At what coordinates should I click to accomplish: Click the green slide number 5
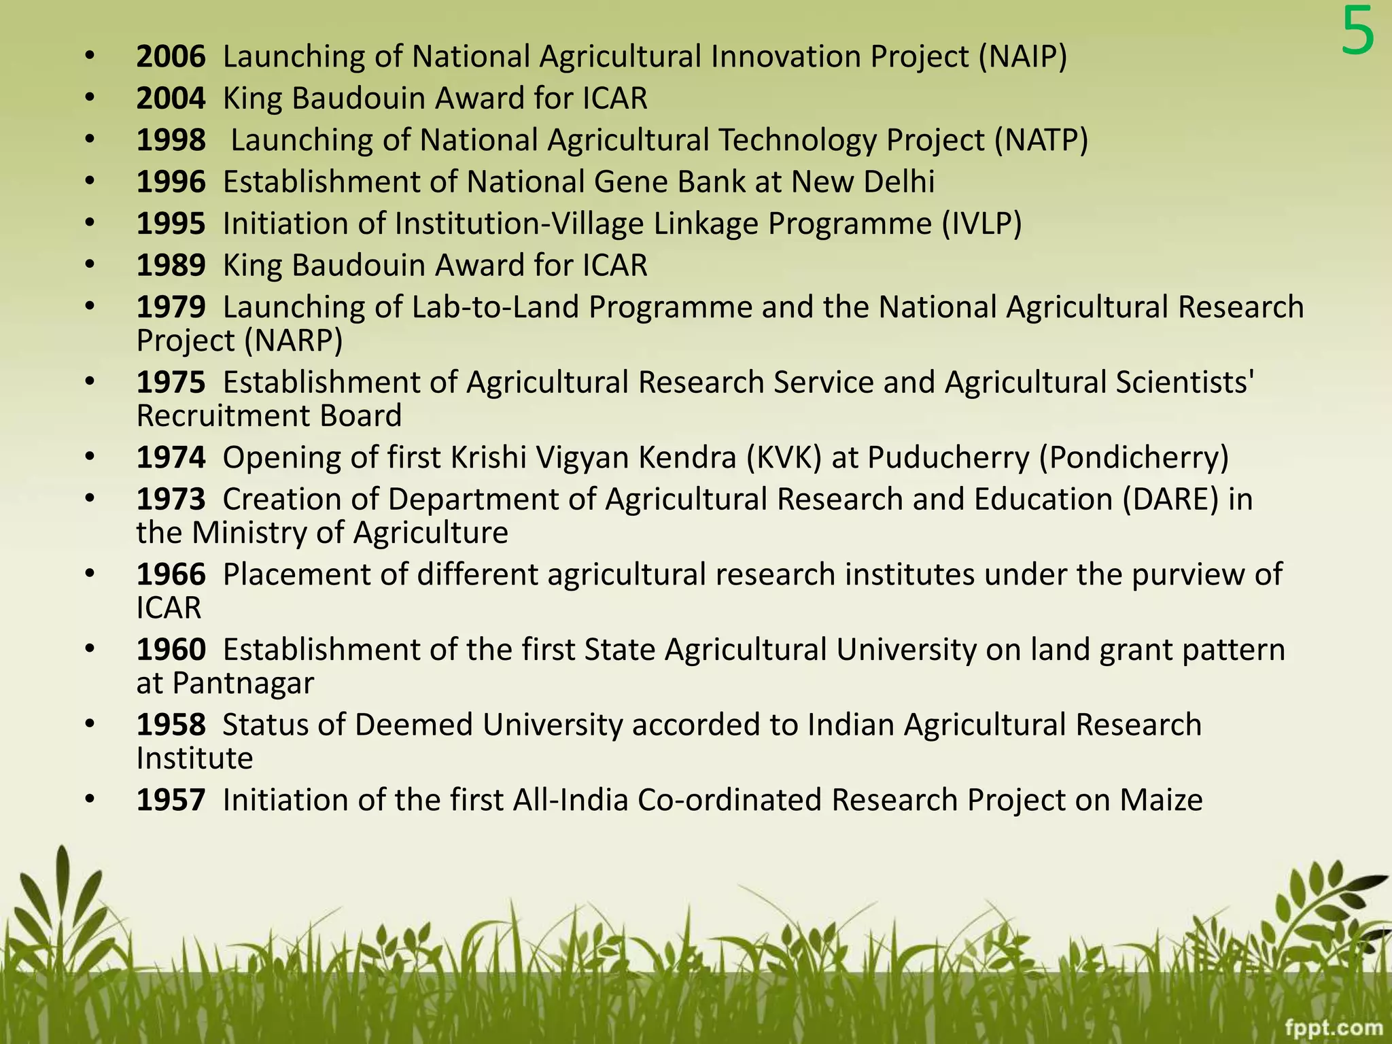pyautogui.click(x=1357, y=33)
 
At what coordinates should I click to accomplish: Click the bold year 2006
pyautogui.click(x=171, y=56)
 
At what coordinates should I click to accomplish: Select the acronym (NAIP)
pyautogui.click(x=1023, y=56)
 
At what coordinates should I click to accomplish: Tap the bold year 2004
pyautogui.click(x=171, y=99)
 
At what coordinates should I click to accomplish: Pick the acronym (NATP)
pyautogui.click(x=1041, y=141)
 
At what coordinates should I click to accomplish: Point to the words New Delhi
pyautogui.click(x=863, y=182)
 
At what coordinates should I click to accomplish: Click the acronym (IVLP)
pyautogui.click(x=981, y=224)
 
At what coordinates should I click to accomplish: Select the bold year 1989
pyautogui.click(x=171, y=266)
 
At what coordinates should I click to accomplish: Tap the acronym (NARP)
pyautogui.click(x=293, y=341)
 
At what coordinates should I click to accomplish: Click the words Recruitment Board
pyautogui.click(x=269, y=416)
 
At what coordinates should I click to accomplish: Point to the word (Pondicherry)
pyautogui.click(x=1134, y=457)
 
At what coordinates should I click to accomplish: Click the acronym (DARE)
pyautogui.click(x=1170, y=500)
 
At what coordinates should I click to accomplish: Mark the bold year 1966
pyautogui.click(x=171, y=575)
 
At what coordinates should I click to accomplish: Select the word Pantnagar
pyautogui.click(x=243, y=683)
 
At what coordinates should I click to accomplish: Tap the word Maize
pyautogui.click(x=1161, y=800)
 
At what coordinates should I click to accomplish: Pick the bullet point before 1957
pyautogui.click(x=90, y=800)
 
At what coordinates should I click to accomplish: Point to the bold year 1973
pyautogui.click(x=171, y=500)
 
